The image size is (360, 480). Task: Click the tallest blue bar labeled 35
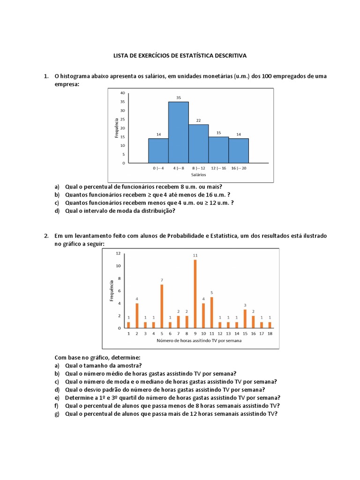coord(179,132)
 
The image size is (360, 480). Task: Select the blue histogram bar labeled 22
coord(199,143)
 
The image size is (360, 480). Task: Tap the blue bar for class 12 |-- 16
coord(219,150)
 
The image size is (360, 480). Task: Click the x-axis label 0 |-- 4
coord(158,168)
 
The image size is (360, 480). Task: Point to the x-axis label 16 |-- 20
coord(239,168)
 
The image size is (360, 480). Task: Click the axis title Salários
coord(199,174)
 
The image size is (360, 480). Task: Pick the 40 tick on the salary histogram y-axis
coord(122,93)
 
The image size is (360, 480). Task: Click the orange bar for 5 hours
coord(162,306)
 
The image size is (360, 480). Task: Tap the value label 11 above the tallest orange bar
coord(195,255)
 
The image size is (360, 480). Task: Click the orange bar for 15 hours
coord(245,319)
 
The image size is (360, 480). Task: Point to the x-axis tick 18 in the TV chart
coord(270,333)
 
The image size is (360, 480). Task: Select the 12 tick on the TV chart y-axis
coord(118,253)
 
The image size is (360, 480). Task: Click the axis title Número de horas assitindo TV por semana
coord(199,340)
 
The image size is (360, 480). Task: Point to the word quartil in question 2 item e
coord(120,397)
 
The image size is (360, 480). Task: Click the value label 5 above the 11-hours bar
coord(211,292)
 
